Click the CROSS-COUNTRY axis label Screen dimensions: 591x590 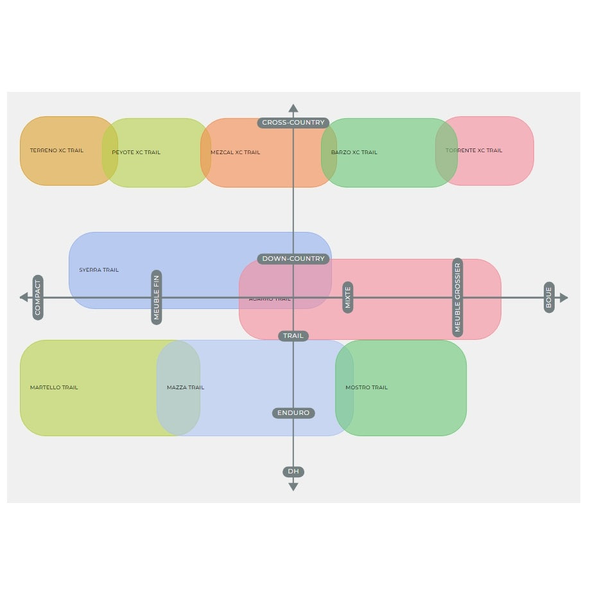(293, 123)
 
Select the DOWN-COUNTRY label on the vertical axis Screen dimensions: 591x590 (293, 259)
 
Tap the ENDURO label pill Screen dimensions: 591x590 (293, 413)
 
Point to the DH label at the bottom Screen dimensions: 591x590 (293, 472)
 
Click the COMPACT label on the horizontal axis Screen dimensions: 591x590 (38, 298)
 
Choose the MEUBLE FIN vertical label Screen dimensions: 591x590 (157, 297)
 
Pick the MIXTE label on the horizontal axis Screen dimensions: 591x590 (348, 297)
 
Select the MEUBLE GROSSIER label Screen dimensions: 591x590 (458, 298)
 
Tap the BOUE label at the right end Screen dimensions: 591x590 (549, 297)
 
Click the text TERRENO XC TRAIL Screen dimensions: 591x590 (56, 151)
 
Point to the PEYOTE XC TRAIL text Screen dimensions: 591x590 (136, 153)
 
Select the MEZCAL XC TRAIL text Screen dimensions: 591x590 (236, 153)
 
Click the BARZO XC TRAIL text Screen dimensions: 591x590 (354, 153)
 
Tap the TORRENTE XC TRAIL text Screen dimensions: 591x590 (474, 151)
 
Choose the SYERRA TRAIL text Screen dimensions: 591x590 (99, 270)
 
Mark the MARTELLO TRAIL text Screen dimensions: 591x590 (54, 388)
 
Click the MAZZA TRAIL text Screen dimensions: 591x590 (186, 388)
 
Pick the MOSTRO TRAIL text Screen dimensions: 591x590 (367, 388)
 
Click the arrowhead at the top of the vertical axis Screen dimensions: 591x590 (293, 109)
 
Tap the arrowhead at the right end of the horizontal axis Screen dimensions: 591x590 (564, 297)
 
